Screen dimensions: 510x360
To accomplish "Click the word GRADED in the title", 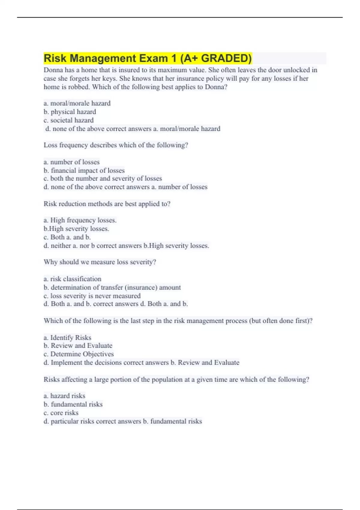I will click(226, 58).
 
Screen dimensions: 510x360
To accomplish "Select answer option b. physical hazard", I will click(70, 112).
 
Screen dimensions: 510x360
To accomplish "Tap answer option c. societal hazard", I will click(69, 120).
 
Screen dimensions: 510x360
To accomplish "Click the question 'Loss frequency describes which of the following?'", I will click(116, 145).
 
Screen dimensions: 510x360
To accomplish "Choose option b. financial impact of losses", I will click(84, 170).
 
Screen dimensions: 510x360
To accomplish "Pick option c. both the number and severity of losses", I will click(103, 178).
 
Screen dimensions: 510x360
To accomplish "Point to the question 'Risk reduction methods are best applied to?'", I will click(107, 204).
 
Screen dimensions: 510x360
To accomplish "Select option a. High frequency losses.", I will click(80, 220).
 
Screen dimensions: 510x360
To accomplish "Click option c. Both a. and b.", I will click(67, 237).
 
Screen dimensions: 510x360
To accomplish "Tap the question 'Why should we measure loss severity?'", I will click(100, 262).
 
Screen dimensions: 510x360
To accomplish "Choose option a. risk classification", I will click(72, 279).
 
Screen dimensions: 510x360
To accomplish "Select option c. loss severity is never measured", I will click(92, 296).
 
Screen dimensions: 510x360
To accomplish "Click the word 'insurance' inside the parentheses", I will click(141, 287).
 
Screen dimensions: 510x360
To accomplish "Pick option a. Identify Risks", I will click(67, 337).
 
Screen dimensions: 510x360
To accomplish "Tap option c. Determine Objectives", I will click(79, 354).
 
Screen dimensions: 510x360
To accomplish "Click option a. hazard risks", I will click(64, 396).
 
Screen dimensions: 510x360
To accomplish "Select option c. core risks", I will click(61, 413).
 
